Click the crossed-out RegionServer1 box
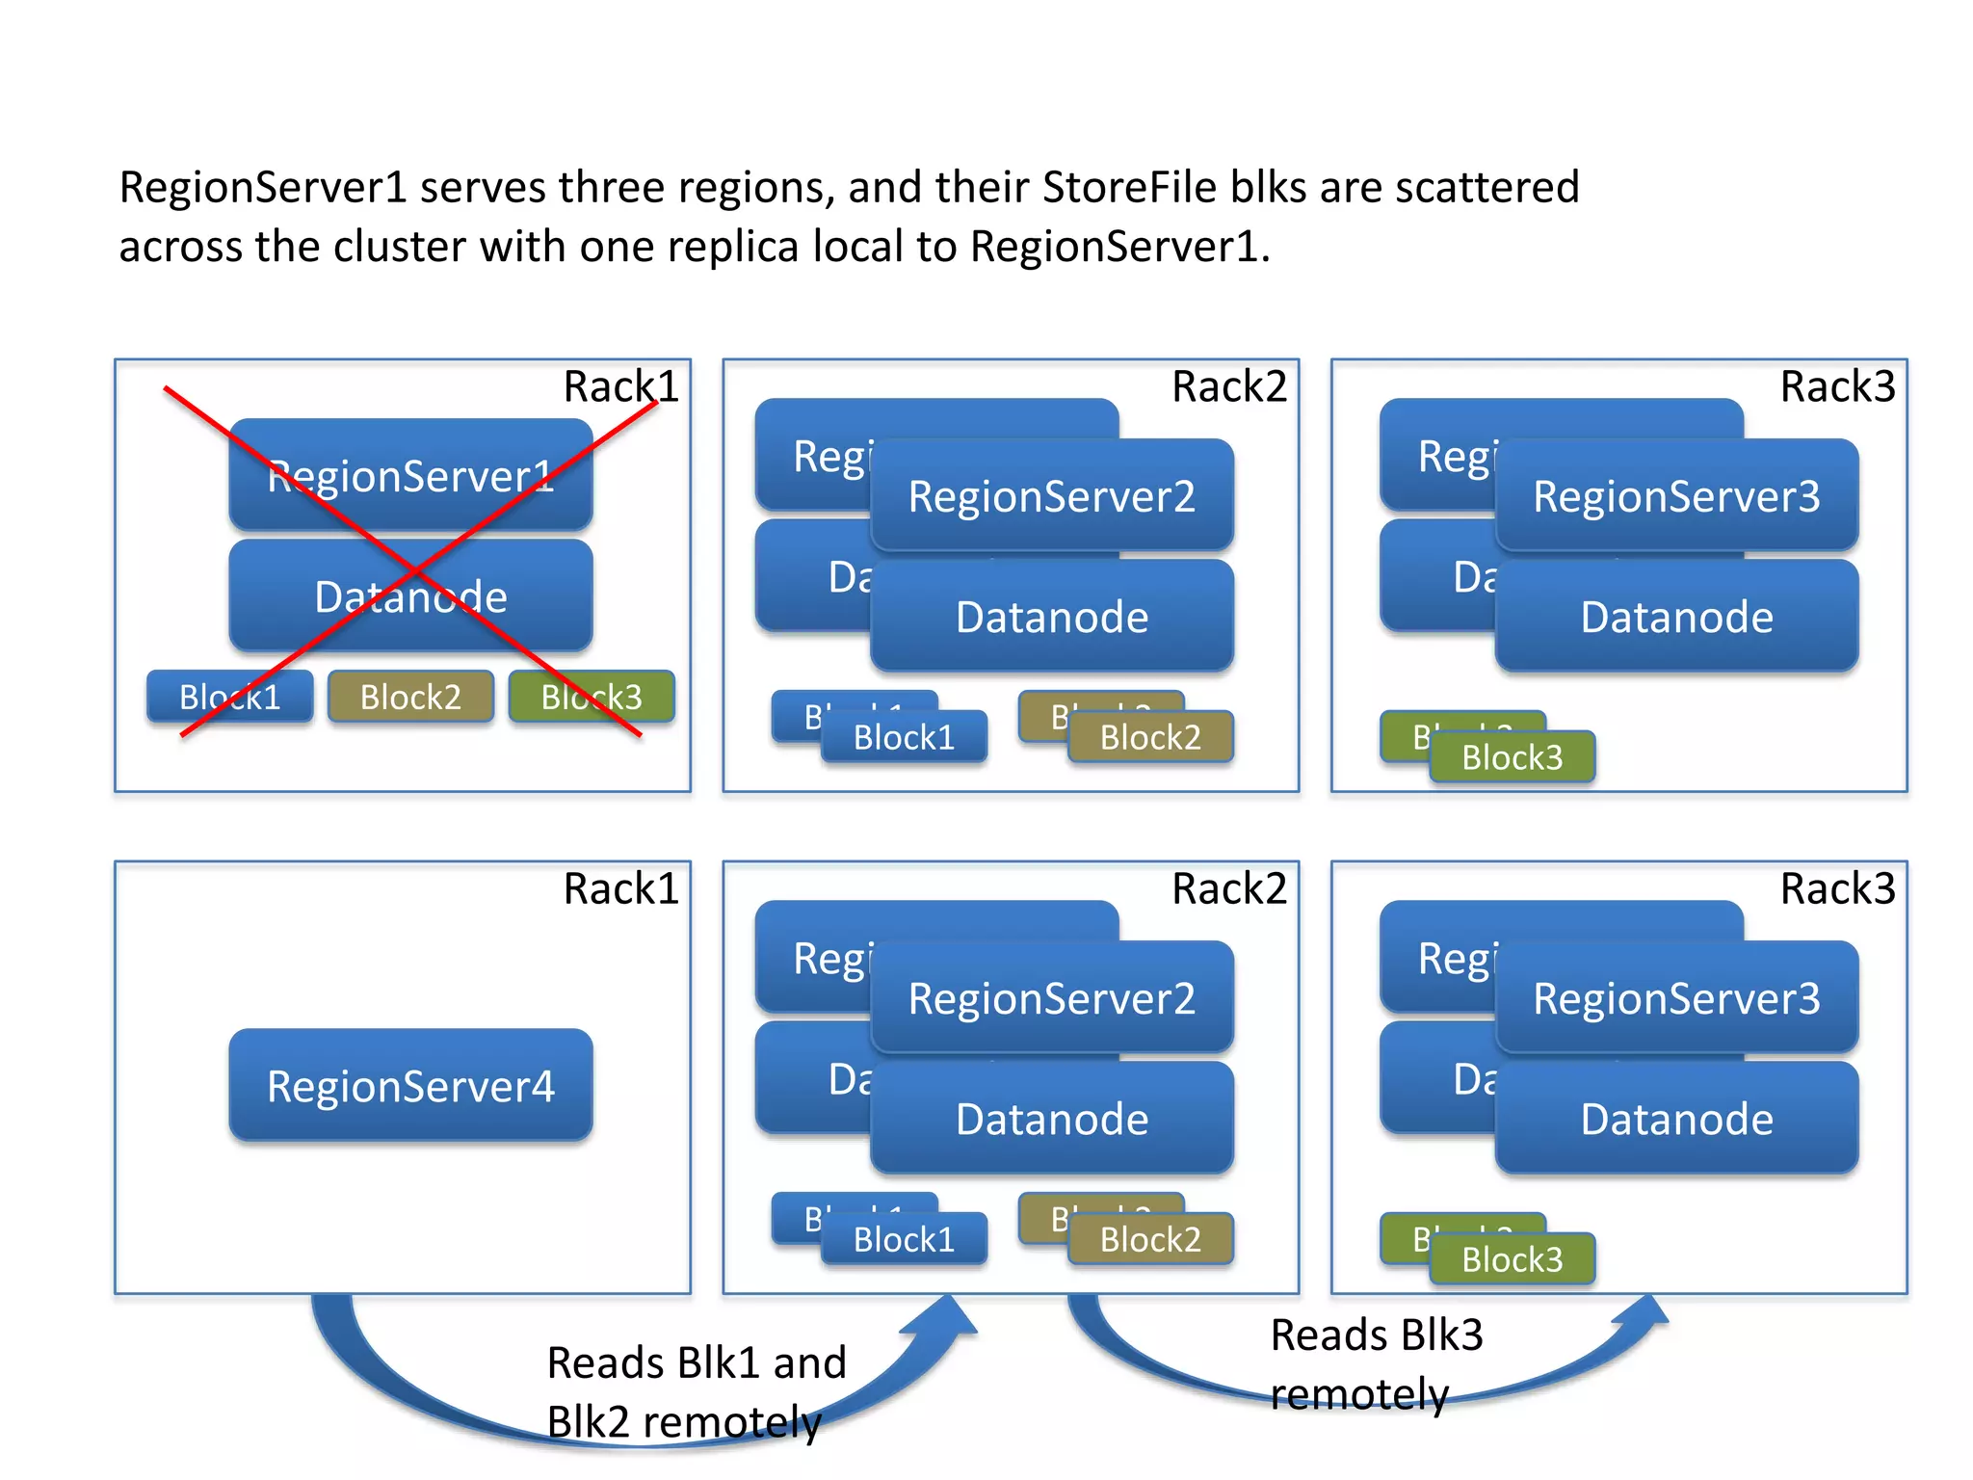pos(410,475)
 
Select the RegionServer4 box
pos(410,1086)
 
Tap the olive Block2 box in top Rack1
pos(410,697)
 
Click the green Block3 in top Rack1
pos(592,697)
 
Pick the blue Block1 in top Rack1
pos(229,697)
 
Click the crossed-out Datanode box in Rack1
pos(410,596)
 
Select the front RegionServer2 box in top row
pos(1051,496)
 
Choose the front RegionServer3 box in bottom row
pos(1676,998)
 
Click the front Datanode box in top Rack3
pos(1676,617)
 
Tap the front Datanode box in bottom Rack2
pos(1051,1119)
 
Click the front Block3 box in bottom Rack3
pos(1512,1259)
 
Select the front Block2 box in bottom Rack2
pos(1150,1239)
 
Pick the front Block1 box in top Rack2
pos(904,737)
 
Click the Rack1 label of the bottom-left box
pos(621,888)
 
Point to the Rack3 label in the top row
pos(1837,386)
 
